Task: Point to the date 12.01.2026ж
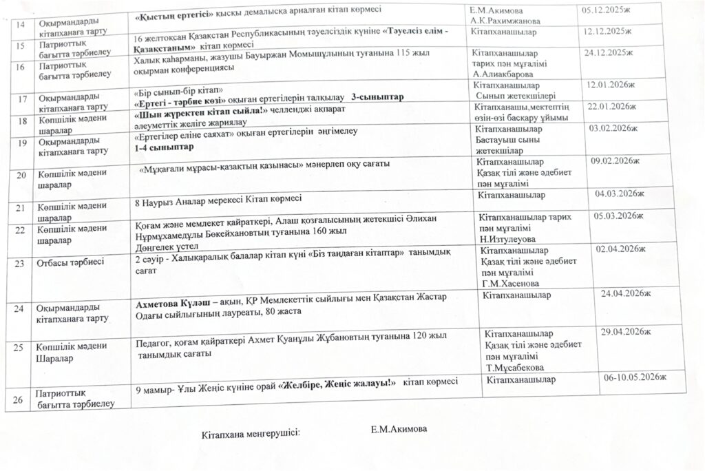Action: pyautogui.click(x=610, y=84)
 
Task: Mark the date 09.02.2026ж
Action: pyautogui.click(x=616, y=160)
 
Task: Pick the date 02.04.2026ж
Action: pyautogui.click(x=622, y=248)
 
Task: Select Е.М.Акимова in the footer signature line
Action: pyautogui.click(x=399, y=429)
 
